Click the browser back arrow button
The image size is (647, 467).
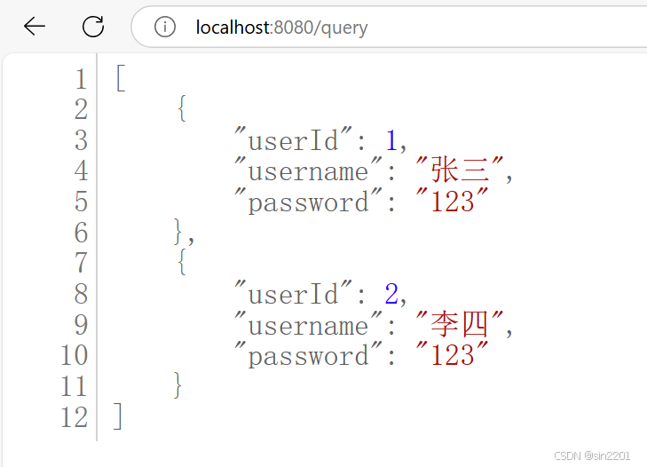click(x=35, y=27)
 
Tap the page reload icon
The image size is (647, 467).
click(x=93, y=27)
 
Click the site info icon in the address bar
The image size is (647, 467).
click(x=165, y=28)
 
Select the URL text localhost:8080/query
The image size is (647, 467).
click(x=281, y=28)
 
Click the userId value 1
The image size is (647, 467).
click(x=391, y=140)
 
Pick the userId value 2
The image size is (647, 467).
click(x=391, y=294)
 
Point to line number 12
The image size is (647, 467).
click(x=75, y=417)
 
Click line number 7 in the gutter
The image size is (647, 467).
click(x=82, y=263)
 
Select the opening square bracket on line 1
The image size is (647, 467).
click(x=121, y=79)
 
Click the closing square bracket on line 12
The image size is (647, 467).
click(x=119, y=417)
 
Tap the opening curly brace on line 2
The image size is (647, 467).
click(x=182, y=109)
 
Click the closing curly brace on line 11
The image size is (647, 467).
click(x=180, y=386)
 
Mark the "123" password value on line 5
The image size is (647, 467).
click(x=453, y=202)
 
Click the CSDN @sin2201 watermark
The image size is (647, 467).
click(x=592, y=455)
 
